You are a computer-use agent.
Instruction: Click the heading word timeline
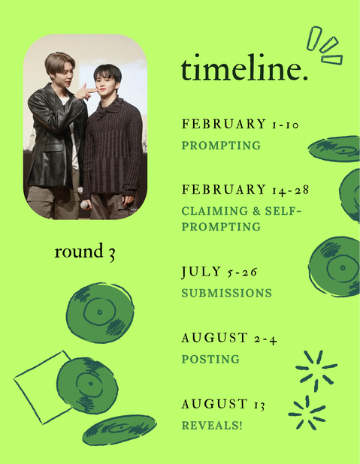click(244, 68)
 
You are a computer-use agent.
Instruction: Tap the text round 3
click(85, 252)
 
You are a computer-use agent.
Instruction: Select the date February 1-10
click(241, 124)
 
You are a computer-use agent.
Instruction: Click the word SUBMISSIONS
click(227, 293)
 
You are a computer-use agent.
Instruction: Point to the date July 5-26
click(219, 272)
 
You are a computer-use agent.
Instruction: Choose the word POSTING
click(210, 359)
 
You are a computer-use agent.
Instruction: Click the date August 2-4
click(229, 338)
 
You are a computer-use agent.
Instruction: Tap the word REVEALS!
click(212, 425)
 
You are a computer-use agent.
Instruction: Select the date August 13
click(223, 404)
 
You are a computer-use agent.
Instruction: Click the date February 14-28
click(245, 190)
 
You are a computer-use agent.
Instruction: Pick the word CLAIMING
click(215, 211)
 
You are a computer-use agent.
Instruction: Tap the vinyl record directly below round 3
click(100, 312)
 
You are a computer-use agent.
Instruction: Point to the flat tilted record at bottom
click(119, 429)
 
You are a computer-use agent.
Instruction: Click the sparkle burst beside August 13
click(307, 413)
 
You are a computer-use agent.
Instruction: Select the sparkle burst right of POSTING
click(316, 370)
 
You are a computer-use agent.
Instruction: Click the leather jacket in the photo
click(55, 136)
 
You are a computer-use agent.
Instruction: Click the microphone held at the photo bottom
click(85, 204)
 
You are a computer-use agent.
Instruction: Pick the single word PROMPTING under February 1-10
click(221, 146)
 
